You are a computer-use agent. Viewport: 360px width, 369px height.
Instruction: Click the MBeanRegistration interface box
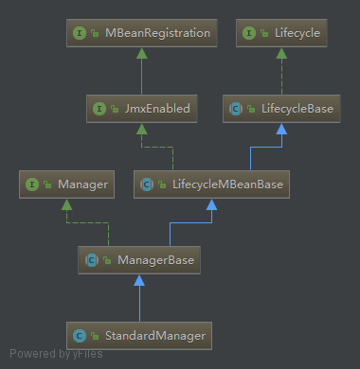pyautogui.click(x=139, y=34)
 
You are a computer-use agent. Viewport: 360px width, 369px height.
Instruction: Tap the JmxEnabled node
pyautogui.click(x=139, y=109)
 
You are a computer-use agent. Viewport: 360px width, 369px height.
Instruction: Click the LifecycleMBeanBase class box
pyautogui.click(x=211, y=184)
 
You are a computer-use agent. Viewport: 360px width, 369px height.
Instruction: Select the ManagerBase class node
pyautogui.click(x=139, y=258)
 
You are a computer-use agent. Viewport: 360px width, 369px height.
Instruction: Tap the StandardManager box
pyautogui.click(x=139, y=333)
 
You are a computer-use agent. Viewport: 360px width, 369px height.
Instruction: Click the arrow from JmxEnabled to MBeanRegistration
pyautogui.click(x=139, y=72)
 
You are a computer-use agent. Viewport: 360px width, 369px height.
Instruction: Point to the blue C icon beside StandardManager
pyautogui.click(x=81, y=333)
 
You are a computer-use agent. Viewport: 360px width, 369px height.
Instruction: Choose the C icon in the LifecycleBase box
pyautogui.click(x=239, y=109)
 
